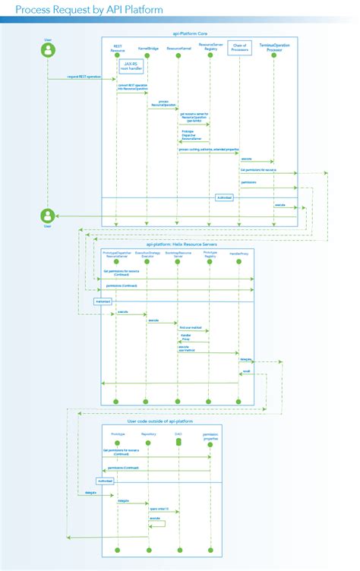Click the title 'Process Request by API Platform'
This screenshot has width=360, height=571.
tap(91, 11)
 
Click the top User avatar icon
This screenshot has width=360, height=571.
tap(47, 51)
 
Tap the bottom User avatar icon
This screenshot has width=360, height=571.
tap(47, 215)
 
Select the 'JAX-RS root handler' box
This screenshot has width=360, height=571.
tap(131, 67)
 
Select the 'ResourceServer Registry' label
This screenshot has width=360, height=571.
tap(210, 47)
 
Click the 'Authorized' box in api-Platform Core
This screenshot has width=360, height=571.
tap(224, 198)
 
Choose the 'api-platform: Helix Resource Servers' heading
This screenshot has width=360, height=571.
tap(178, 244)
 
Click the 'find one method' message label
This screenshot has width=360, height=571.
tap(191, 327)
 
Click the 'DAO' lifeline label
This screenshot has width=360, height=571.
tap(178, 434)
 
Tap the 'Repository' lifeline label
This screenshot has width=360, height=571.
tap(148, 434)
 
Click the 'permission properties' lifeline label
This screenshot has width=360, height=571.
tap(210, 435)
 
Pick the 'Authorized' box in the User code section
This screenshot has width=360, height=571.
tap(106, 481)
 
